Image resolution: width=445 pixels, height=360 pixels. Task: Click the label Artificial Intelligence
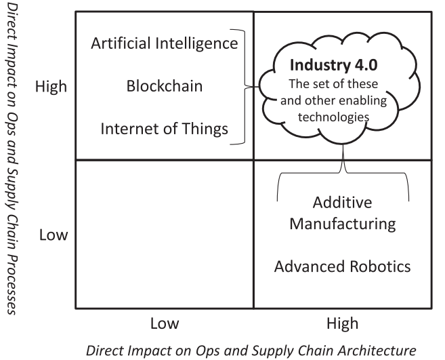point(164,45)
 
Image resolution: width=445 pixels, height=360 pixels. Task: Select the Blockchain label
point(165,86)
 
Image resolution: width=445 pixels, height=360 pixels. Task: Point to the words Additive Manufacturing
point(342,213)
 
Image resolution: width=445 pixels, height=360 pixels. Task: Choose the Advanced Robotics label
point(342,266)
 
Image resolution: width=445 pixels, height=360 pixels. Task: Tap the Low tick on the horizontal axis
point(165,323)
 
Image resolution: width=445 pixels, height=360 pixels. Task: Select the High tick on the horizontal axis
point(343,323)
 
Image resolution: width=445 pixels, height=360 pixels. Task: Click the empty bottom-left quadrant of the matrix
point(165,234)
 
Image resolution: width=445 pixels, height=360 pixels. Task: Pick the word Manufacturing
point(342,222)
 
